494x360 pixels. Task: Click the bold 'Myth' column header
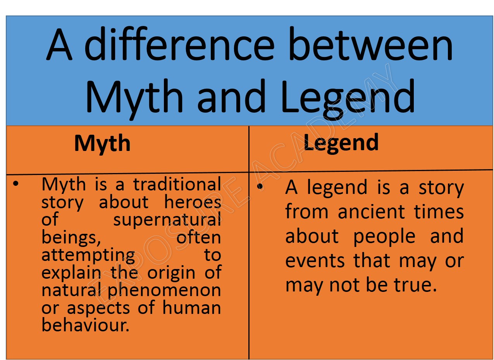102,144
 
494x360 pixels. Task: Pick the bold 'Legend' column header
341,143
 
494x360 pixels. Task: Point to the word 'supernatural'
167,220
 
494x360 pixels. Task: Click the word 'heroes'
193,202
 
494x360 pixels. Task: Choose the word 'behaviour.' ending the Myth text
85,325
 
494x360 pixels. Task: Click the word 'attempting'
88,255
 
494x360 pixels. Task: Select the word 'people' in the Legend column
384,237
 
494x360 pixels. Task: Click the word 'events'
315,261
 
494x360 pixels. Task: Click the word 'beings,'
71,238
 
